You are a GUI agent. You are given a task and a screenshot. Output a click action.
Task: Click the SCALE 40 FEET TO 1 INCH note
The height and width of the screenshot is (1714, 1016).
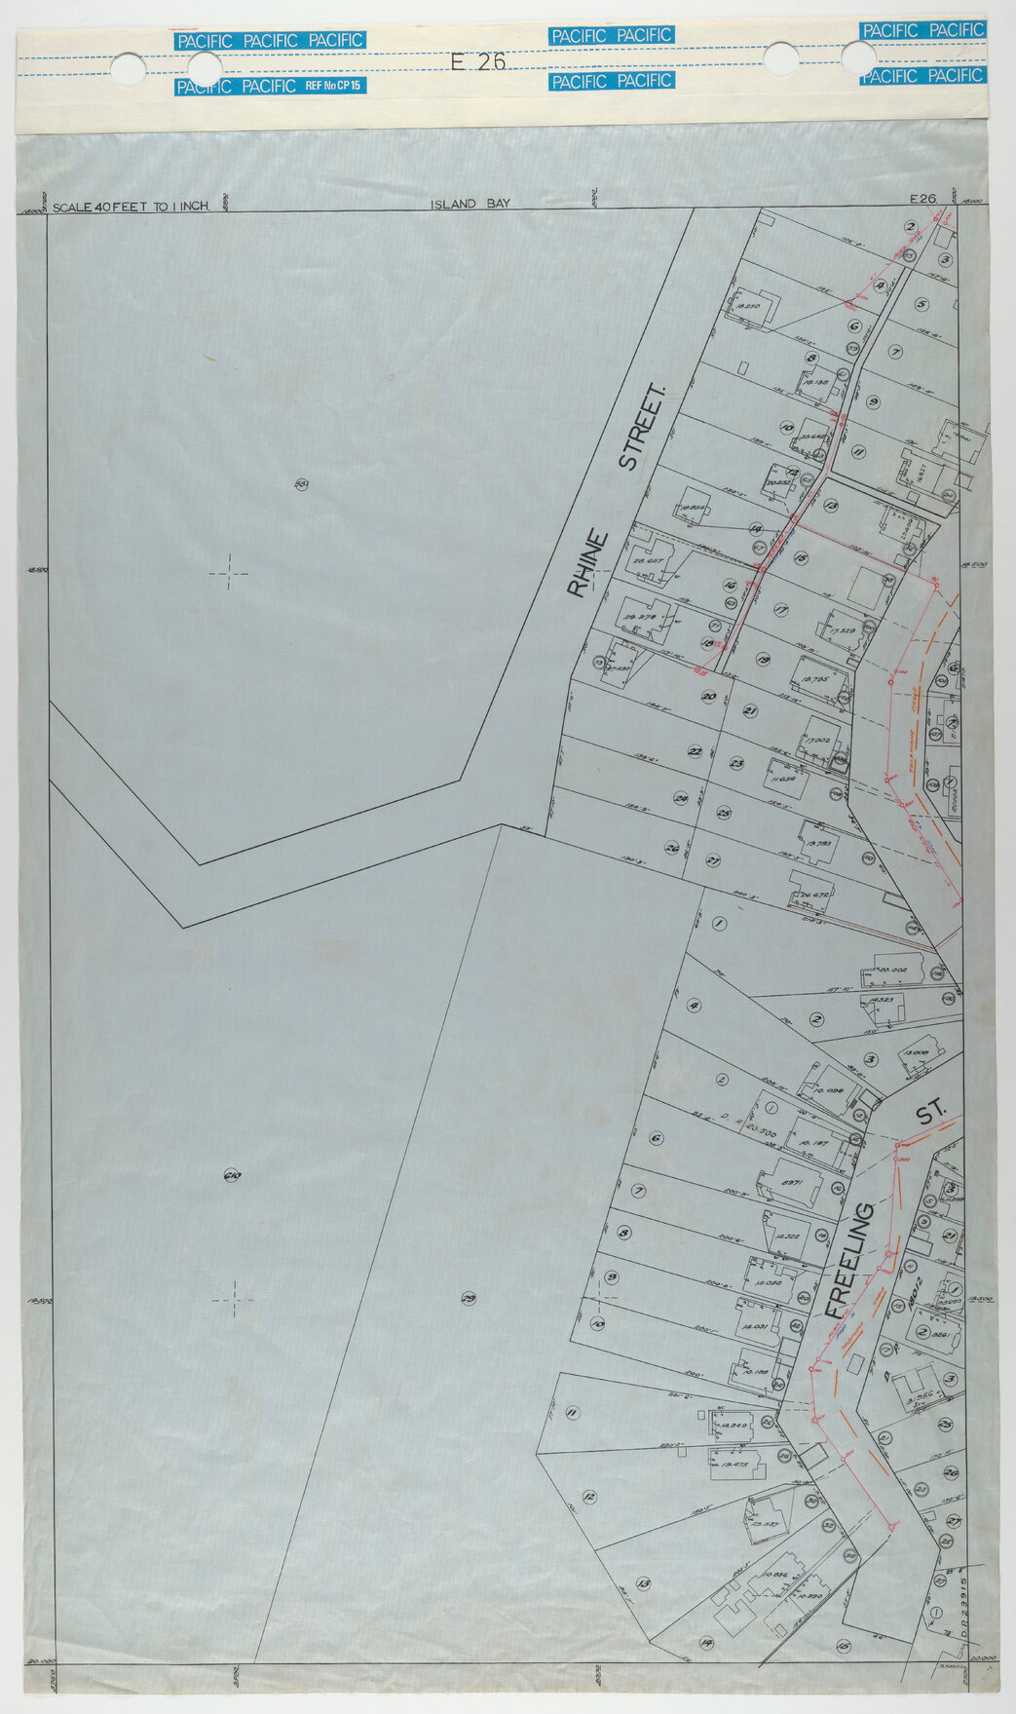131,208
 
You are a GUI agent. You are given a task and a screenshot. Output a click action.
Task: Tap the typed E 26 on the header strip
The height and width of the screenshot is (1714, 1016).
478,60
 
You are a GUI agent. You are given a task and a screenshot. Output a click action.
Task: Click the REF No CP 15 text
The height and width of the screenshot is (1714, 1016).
333,87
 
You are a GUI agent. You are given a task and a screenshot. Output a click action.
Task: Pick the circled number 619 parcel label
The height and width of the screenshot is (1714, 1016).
232,1176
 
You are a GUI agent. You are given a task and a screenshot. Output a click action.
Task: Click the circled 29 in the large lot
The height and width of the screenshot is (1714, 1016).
468,1298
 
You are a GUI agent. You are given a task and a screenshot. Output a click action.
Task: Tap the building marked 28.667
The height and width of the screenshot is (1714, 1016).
650,562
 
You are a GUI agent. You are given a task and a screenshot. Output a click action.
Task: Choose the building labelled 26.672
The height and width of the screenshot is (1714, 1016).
812,894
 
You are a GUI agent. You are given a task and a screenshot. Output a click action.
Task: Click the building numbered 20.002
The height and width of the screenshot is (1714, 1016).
891,971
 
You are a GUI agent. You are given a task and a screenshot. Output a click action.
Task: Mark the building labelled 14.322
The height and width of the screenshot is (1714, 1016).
788,1235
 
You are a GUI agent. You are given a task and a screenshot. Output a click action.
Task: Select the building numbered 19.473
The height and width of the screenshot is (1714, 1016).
734,1464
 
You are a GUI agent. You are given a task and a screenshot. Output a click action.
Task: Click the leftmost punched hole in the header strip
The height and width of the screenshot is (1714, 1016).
128,68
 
